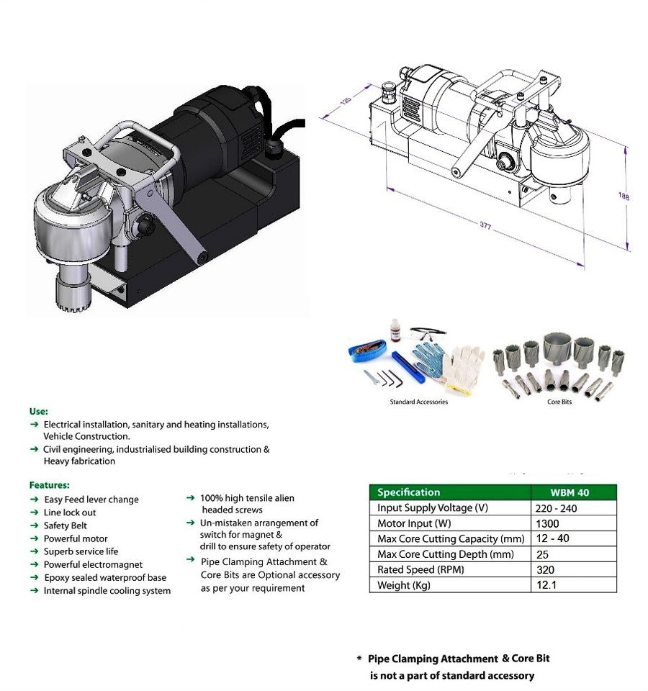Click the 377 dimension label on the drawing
485,225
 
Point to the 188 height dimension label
624,196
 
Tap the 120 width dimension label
346,101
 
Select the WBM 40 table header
570,492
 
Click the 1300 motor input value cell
547,523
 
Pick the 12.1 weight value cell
546,584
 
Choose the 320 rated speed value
545,570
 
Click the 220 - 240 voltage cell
556,509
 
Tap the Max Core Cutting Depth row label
445,554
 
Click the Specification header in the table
409,492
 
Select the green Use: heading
39,411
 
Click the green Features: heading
50,484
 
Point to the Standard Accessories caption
419,402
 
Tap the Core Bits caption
559,402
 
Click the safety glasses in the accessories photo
427,333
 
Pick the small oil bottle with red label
395,330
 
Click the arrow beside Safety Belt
34,525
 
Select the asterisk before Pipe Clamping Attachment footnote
359,659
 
